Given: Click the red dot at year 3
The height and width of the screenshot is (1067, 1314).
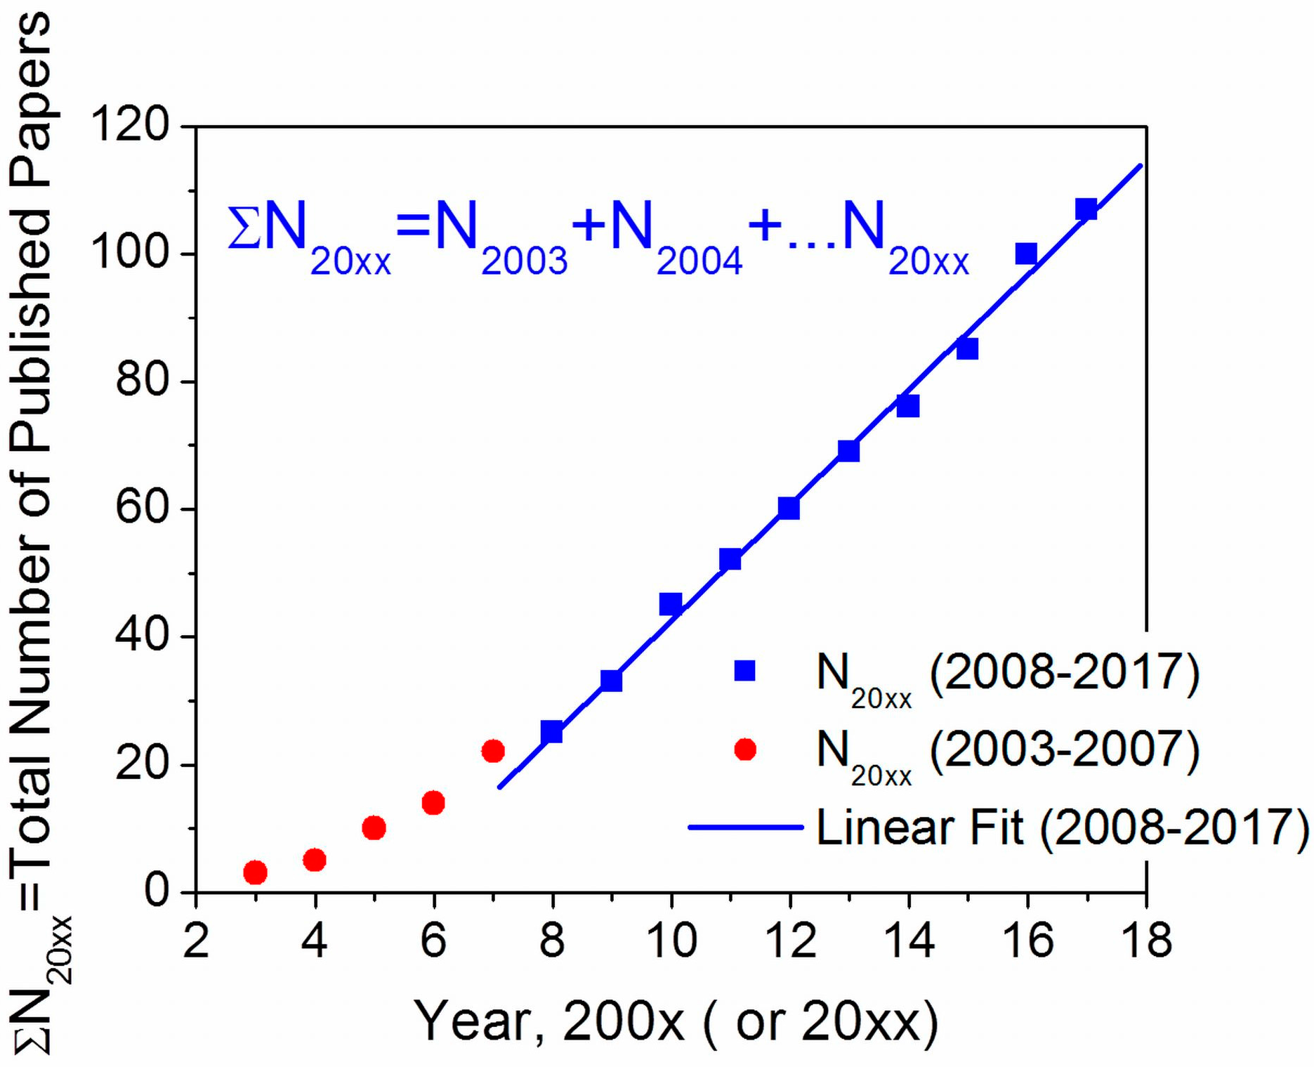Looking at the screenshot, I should coord(255,872).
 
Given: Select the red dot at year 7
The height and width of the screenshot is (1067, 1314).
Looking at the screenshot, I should coord(493,751).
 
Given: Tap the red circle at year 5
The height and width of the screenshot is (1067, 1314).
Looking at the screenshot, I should coord(374,828).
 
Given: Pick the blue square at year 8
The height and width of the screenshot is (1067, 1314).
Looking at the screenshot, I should coord(552,732).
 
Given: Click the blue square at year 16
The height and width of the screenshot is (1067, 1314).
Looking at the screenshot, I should coord(1026,254).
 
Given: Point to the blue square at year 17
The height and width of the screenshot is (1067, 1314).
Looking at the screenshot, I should coord(1086,209).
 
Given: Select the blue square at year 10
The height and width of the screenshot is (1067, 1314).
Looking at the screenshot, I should coord(671,604).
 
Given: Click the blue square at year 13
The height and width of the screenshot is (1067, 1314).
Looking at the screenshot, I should coord(848,451).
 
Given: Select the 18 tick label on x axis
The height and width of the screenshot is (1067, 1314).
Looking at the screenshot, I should coord(1146,940).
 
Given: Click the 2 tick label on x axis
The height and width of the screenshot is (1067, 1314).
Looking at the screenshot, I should coord(196,940).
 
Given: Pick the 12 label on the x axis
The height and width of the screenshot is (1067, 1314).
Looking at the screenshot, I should coord(789,940).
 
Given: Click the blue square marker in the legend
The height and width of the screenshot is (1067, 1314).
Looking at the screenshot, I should coord(744,671).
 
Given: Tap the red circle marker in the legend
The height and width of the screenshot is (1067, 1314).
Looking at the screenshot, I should coord(744,749).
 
